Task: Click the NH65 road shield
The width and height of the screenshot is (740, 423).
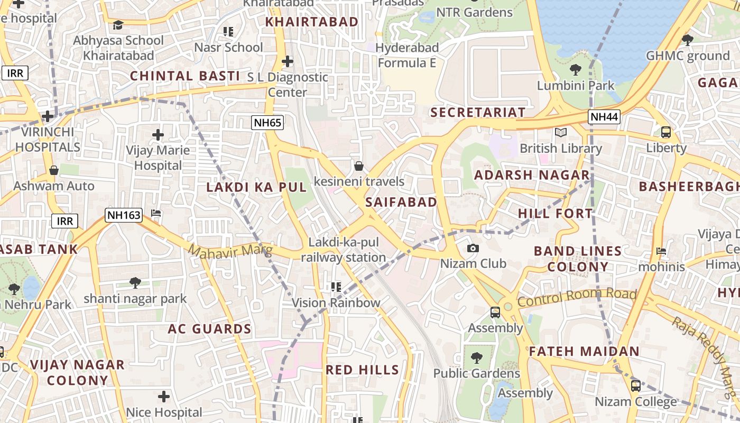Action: click(267, 123)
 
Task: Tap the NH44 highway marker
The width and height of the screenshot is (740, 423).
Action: click(604, 117)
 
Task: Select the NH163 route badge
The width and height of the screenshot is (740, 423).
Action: click(124, 215)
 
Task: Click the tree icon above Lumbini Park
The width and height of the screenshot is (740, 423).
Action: click(576, 69)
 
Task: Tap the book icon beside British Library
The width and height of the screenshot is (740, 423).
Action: click(560, 132)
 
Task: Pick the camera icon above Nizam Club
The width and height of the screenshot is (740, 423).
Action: click(473, 248)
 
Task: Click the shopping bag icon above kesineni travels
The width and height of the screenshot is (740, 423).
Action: click(359, 166)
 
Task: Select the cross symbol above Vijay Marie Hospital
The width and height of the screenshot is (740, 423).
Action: click(158, 135)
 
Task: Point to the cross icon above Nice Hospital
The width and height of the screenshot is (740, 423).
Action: click(164, 396)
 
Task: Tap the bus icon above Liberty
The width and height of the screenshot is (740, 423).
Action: click(666, 132)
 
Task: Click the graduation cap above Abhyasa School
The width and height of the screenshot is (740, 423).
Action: click(118, 25)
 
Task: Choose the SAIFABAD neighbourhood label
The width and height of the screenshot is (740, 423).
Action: click(401, 202)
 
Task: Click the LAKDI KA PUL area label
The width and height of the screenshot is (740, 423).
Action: click(256, 187)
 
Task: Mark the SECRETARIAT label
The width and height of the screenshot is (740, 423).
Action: click(478, 112)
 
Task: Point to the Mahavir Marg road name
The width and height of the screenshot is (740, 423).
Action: click(230, 251)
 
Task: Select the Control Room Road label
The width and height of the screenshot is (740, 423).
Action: click(577, 297)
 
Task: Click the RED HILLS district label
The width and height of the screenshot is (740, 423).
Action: click(362, 370)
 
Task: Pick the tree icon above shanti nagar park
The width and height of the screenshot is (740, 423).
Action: click(135, 283)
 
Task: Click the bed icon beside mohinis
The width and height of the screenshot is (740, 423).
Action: click(661, 251)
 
